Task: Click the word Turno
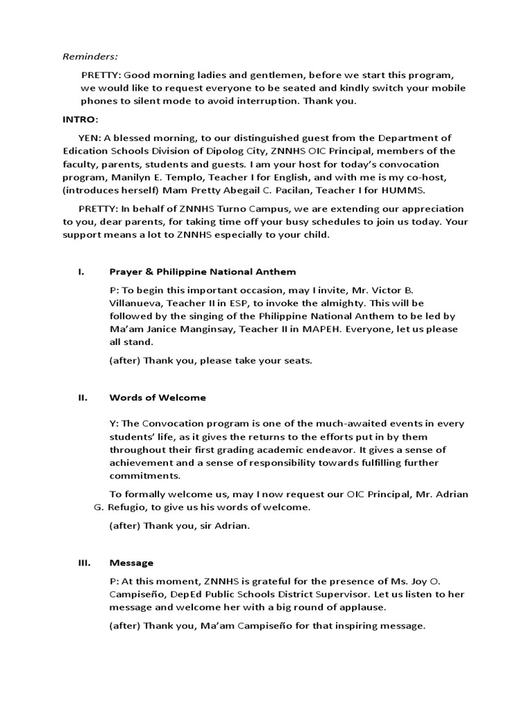click(209, 209)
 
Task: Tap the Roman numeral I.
click(80, 272)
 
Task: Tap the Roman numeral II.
click(82, 398)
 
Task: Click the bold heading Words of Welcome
click(157, 398)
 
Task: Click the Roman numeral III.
click(84, 563)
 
